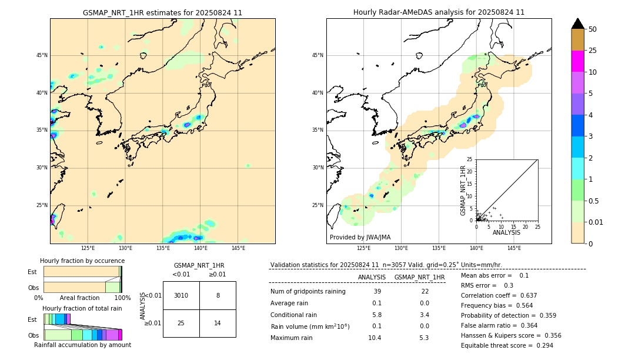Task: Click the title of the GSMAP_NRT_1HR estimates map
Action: point(162,12)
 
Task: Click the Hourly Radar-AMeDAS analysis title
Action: point(439,12)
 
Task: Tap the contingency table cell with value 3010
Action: point(181,295)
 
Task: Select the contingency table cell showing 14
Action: point(218,323)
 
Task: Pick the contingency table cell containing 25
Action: point(181,323)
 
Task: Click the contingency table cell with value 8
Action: point(218,295)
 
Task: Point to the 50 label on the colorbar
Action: point(593,29)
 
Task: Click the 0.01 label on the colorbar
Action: point(596,222)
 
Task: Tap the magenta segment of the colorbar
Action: point(577,61)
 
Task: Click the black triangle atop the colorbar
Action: point(577,24)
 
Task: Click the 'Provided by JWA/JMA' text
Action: point(360,237)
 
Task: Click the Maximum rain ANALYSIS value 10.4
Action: point(375,338)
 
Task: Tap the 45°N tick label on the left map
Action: point(42,55)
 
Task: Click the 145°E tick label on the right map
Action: point(514,248)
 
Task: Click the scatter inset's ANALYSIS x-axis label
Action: point(506,232)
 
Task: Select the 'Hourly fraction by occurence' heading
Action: point(82,261)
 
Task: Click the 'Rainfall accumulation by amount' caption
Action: point(82,345)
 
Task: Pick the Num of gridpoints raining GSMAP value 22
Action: point(425,292)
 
